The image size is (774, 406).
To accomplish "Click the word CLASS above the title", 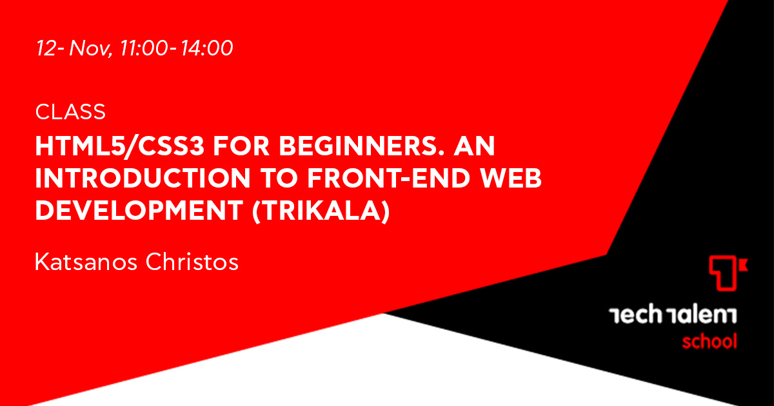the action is [x=70, y=112].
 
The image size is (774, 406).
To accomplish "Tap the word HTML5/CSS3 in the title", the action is [x=120, y=146].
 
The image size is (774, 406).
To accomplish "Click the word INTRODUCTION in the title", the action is [x=143, y=179].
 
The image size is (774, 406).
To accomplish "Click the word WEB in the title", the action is [x=511, y=179].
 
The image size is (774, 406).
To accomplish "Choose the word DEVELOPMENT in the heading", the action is [x=139, y=211].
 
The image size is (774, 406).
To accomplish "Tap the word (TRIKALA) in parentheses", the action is [x=321, y=211].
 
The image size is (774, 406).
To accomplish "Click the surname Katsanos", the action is [x=86, y=262].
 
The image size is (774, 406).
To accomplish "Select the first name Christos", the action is [x=192, y=262].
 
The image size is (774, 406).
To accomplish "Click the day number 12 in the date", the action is [x=46, y=48].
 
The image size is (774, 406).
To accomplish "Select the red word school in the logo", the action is [x=709, y=342].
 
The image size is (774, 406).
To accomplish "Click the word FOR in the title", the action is [x=241, y=146].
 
